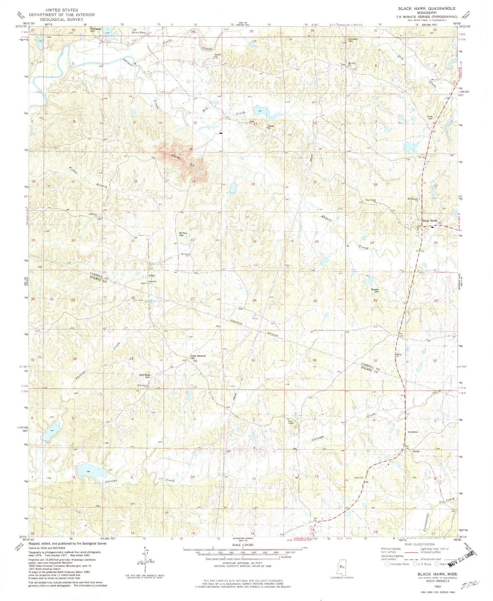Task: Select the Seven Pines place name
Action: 138,33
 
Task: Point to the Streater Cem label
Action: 375,290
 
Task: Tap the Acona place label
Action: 416,451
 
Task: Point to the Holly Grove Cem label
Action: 145,376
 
